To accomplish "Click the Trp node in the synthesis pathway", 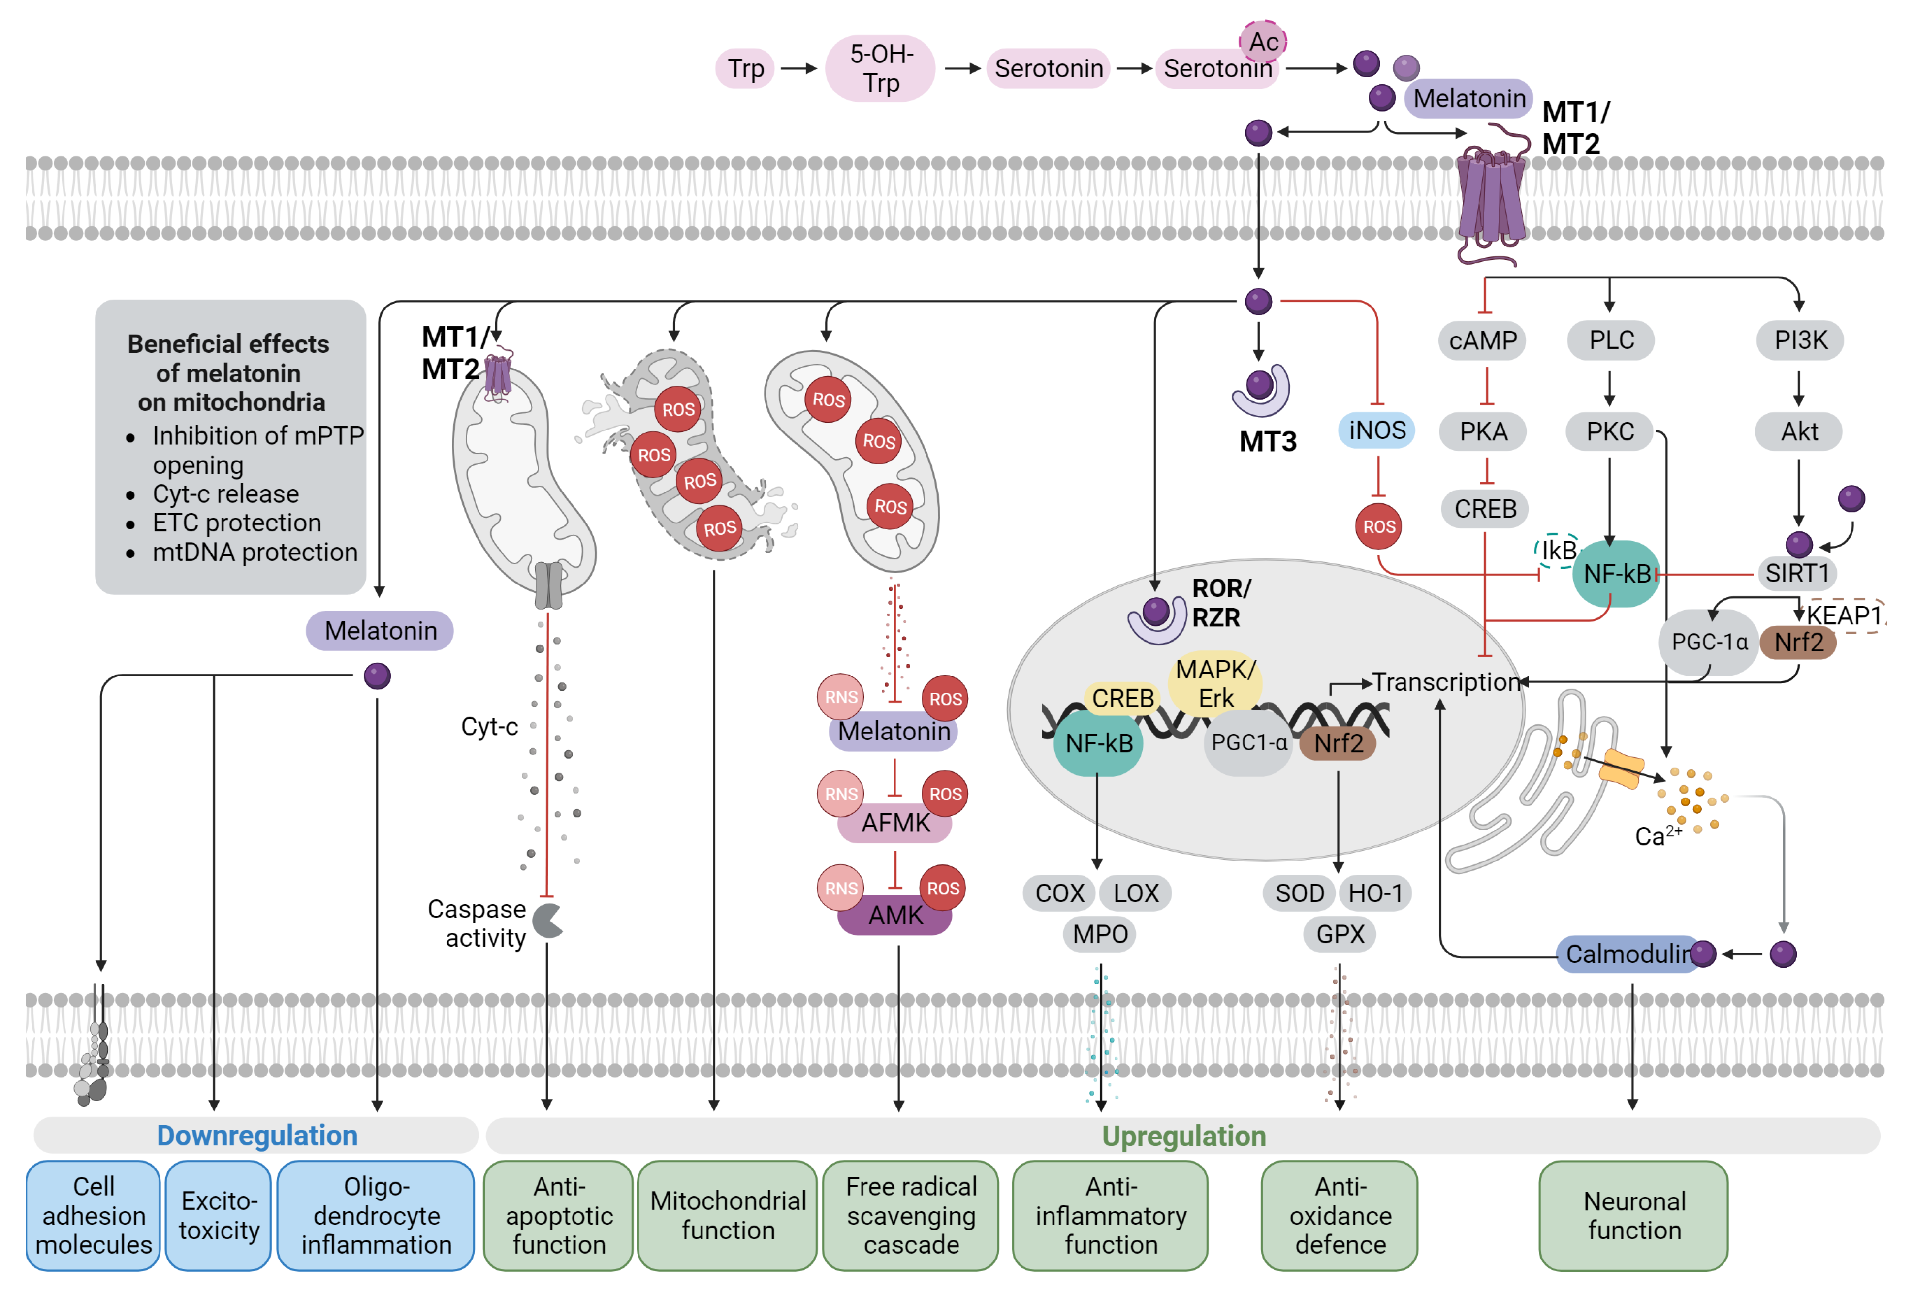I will (744, 68).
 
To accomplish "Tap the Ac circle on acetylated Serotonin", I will (1263, 41).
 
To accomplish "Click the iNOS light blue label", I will (1376, 430).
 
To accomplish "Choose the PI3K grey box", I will (1800, 340).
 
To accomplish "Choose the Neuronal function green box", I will (1633, 1215).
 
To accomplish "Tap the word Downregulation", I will (257, 1136).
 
